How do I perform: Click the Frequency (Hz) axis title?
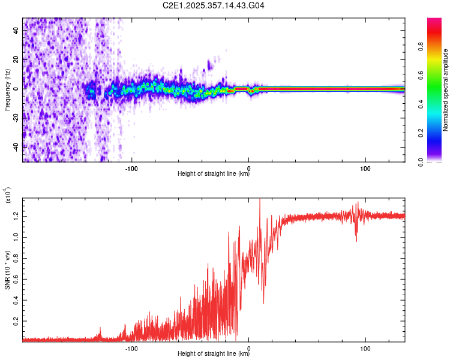[x=7, y=89]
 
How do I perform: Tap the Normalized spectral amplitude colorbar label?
[x=446, y=90]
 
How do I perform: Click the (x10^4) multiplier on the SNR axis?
[x=8, y=196]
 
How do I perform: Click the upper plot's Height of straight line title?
[x=214, y=175]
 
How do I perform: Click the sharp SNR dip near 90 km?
[x=356, y=240]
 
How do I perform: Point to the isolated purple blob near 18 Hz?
[x=209, y=62]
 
